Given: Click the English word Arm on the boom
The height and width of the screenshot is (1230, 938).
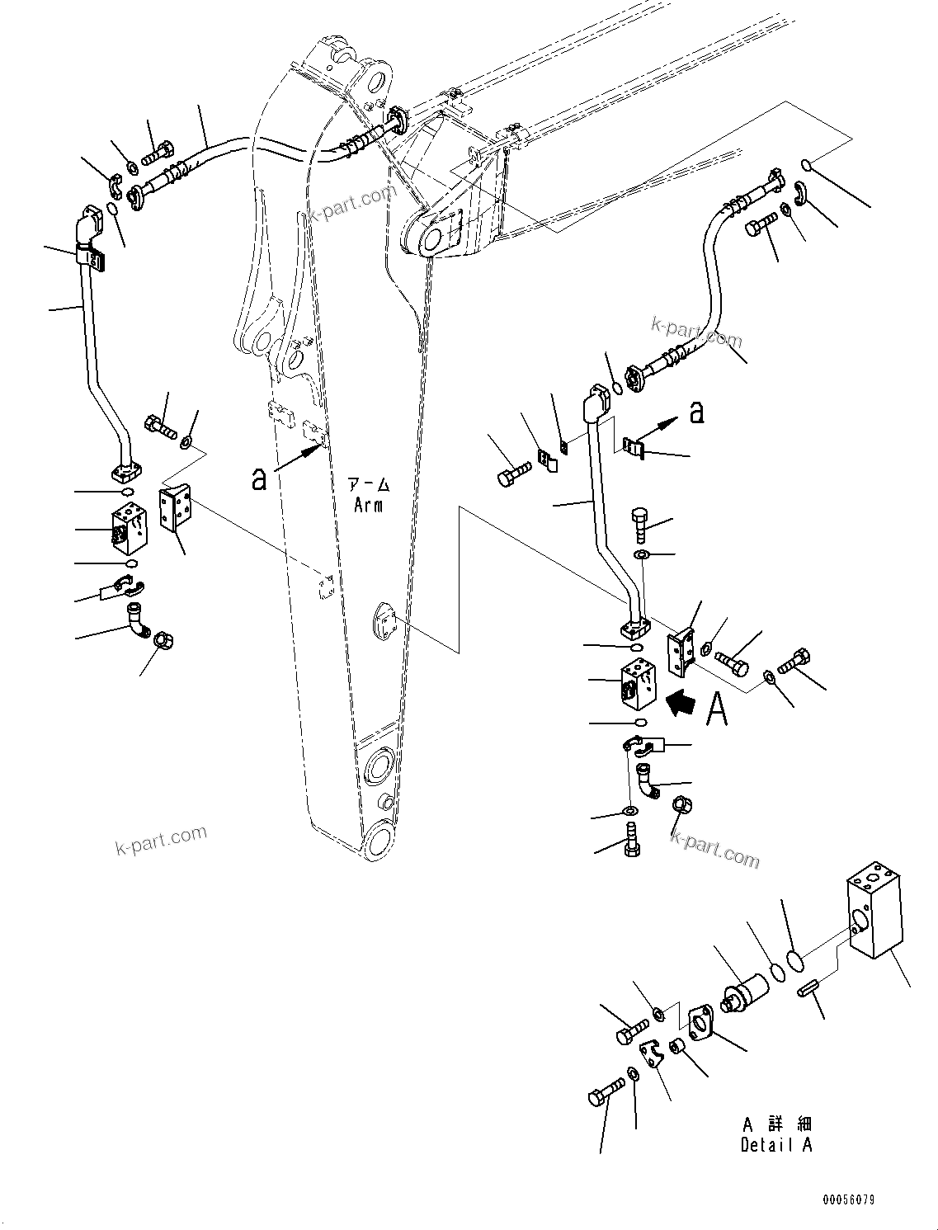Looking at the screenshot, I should (368, 505).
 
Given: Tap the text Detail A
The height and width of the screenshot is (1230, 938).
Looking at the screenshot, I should (775, 1145).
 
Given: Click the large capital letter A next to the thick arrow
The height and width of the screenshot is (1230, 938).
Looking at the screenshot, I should (718, 709).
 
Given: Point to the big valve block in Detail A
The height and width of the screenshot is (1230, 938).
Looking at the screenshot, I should (873, 908).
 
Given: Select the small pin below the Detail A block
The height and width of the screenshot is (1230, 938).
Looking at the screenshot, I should (808, 987).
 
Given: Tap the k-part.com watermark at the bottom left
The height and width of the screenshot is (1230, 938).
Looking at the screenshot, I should (161, 841).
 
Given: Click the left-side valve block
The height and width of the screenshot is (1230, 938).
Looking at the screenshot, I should (132, 530).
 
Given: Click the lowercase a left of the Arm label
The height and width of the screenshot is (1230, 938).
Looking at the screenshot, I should (259, 478).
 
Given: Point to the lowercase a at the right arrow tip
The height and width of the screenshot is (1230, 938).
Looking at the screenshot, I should (697, 412).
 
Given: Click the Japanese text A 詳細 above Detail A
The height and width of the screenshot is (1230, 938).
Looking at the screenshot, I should (775, 1124).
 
